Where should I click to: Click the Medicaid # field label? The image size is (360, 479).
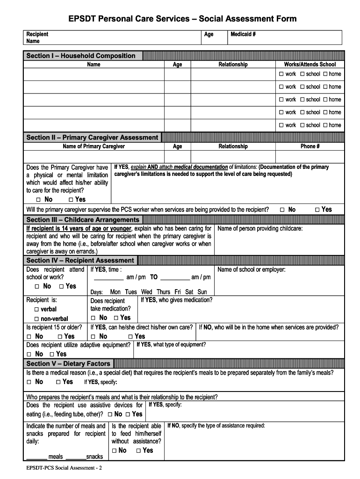243,34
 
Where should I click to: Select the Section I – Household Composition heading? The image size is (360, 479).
81,56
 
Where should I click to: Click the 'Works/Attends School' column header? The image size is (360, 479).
310,65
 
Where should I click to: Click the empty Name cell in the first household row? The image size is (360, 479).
94,74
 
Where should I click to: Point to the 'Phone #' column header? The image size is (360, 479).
310,146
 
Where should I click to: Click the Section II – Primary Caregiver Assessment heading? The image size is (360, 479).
92,138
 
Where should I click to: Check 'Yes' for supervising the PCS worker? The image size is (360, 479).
317,210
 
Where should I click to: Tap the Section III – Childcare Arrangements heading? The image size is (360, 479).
83,220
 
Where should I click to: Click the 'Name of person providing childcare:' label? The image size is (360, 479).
260,229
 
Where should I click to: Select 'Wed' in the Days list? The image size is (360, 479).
146,292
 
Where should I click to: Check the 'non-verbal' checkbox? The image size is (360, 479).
36,319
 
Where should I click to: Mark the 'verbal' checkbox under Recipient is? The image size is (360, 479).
36,309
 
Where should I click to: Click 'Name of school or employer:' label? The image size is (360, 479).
252,269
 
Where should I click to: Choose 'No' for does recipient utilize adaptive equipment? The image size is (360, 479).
29,354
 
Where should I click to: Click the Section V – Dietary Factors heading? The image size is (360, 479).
68,363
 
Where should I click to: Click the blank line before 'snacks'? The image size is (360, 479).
76,457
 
